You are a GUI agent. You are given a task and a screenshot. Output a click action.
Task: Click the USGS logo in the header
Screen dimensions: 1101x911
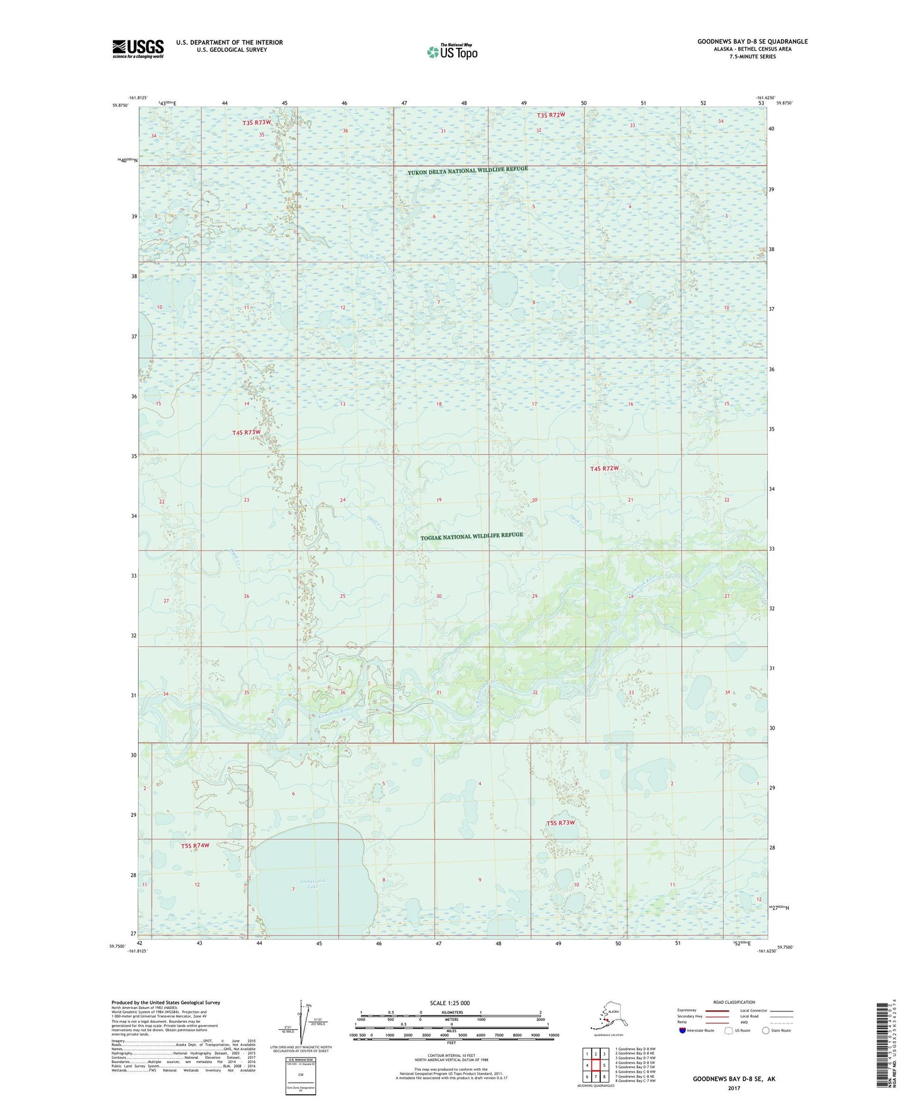pyautogui.click(x=137, y=49)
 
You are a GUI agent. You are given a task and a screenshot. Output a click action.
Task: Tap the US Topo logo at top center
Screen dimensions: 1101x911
pyautogui.click(x=452, y=52)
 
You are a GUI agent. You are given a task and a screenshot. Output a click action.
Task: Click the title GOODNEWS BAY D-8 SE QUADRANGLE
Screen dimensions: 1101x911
pyautogui.click(x=752, y=42)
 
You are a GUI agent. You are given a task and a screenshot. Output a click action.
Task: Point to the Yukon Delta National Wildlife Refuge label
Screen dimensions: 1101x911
pyautogui.click(x=467, y=171)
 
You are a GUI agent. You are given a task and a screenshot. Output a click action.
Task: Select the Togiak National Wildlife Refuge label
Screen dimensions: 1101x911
pyautogui.click(x=472, y=536)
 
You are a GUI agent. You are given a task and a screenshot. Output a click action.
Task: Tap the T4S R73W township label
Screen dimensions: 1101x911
pyautogui.click(x=246, y=432)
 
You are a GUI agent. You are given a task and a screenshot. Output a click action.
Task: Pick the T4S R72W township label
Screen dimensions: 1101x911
pyautogui.click(x=604, y=469)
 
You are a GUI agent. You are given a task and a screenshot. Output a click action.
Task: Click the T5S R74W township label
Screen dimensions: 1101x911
pyautogui.click(x=195, y=845)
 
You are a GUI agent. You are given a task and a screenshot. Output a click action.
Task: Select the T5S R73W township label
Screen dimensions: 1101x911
pyautogui.click(x=560, y=823)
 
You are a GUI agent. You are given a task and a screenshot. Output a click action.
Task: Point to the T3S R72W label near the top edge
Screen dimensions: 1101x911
pyautogui.click(x=550, y=115)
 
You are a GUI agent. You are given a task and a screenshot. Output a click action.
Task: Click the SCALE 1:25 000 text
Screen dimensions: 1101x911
pyautogui.click(x=450, y=1003)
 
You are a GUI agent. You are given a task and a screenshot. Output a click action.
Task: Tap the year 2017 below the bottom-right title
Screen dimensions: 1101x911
pyautogui.click(x=734, y=1088)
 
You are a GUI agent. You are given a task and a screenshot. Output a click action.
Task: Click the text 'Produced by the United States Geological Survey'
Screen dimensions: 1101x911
pyautogui.click(x=166, y=1003)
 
